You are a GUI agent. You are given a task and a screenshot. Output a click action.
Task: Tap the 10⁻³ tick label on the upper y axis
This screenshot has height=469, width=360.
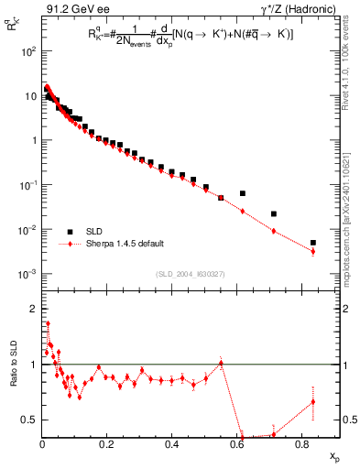click(28, 274)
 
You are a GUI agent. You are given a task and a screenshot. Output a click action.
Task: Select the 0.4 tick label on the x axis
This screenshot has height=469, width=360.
click(171, 443)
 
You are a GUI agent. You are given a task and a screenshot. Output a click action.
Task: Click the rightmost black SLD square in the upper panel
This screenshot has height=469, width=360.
click(313, 243)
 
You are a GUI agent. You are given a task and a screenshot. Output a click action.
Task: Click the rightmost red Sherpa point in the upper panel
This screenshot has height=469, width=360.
click(313, 251)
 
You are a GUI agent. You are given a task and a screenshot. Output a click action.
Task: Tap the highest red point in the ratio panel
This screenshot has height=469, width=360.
click(48, 323)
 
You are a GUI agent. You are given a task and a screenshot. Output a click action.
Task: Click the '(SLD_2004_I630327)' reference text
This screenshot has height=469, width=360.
click(192, 273)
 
